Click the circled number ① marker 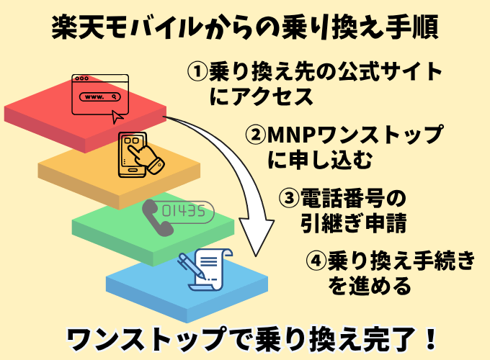pyautogui.click(x=197, y=71)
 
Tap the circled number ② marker pyautogui.click(x=256, y=135)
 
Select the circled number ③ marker pyautogui.click(x=289, y=198)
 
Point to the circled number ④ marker pyautogui.click(x=316, y=260)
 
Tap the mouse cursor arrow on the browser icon pyautogui.click(x=117, y=117)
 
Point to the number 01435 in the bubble pyautogui.click(x=184, y=212)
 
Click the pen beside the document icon pyautogui.click(x=192, y=266)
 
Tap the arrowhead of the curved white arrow pyautogui.click(x=257, y=238)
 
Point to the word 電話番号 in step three pyautogui.click(x=342, y=198)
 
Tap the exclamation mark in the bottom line pyautogui.click(x=432, y=339)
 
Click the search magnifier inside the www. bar pyautogui.click(x=115, y=96)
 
